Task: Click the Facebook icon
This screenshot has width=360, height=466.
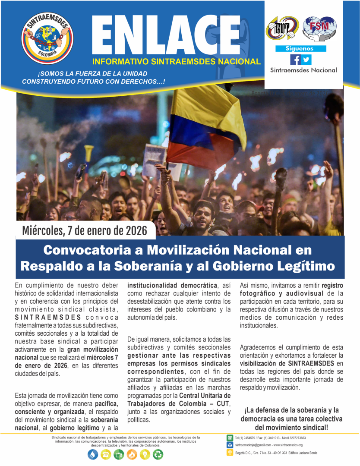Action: (x=295, y=60)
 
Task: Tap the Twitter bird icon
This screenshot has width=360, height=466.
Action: (x=306, y=60)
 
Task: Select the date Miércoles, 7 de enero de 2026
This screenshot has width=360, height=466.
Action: (x=86, y=230)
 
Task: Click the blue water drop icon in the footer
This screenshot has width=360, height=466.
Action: (x=93, y=454)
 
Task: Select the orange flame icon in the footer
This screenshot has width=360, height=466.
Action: (x=132, y=454)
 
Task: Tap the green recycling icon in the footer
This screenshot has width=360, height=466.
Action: (x=158, y=454)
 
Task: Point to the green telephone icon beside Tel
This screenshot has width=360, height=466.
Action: (x=230, y=438)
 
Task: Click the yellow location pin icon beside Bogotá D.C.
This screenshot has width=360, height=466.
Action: (x=230, y=453)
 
